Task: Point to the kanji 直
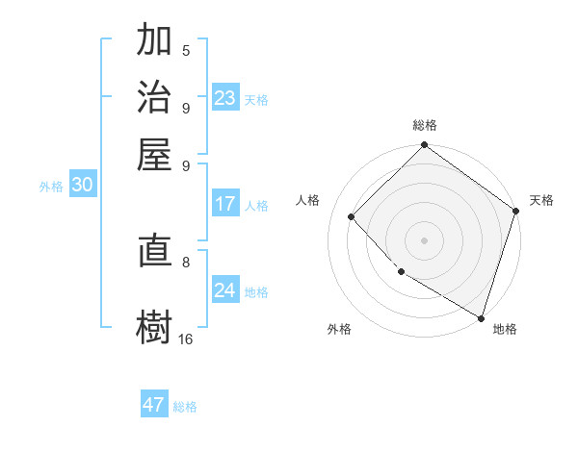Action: [154, 253]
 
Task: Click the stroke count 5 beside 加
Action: [186, 51]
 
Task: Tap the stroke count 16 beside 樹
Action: [186, 339]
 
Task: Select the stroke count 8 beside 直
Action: [186, 261]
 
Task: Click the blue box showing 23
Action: [225, 98]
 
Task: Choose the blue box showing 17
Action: [225, 204]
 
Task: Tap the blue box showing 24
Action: [225, 290]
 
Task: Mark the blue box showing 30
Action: [82, 186]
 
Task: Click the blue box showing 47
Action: [154, 405]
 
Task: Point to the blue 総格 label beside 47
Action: [185, 407]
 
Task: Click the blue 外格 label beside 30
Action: [51, 187]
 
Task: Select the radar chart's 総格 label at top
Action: [424, 125]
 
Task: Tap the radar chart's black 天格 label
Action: [541, 200]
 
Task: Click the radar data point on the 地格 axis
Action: [481, 315]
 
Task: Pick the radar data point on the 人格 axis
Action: [352, 217]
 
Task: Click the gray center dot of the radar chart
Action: [424, 239]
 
